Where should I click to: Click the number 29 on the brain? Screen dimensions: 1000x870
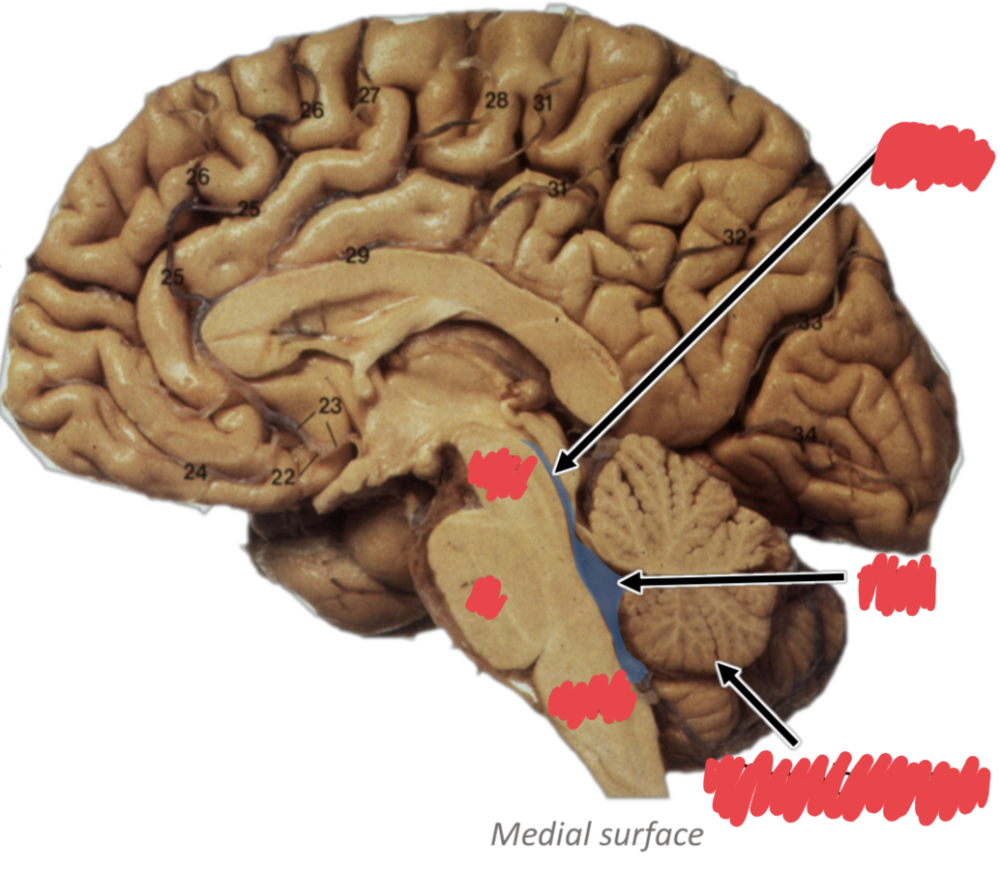[x=357, y=256]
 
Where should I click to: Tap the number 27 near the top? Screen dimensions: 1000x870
[x=368, y=95]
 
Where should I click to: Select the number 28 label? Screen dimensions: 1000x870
[x=496, y=101]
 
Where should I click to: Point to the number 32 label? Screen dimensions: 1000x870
[x=735, y=236]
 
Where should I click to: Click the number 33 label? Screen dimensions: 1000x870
[x=809, y=324]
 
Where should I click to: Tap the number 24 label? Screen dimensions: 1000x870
[x=196, y=472]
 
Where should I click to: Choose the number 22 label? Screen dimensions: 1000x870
[x=282, y=477]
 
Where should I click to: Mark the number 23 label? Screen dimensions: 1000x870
[x=331, y=407]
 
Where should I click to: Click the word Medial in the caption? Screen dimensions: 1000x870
[x=535, y=834]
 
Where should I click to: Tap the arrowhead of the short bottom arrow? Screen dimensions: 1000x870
[x=719, y=665]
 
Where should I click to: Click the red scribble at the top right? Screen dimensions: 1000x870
[x=931, y=155]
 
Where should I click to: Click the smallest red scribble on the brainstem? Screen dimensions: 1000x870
[x=485, y=596]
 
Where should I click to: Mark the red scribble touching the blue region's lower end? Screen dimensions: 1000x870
[x=590, y=699]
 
